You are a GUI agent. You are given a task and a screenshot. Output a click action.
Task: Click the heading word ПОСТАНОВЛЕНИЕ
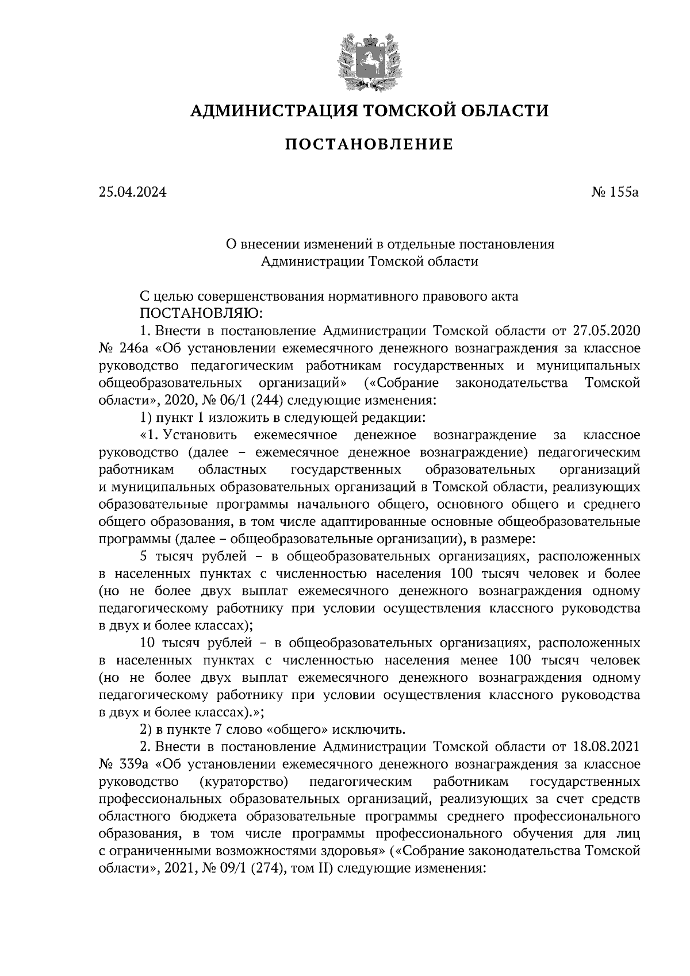pyautogui.click(x=369, y=144)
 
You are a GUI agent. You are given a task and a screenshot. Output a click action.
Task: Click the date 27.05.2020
pyautogui.click(x=607, y=331)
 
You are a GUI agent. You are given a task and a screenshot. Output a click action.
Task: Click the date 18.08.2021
pyautogui.click(x=607, y=747)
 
